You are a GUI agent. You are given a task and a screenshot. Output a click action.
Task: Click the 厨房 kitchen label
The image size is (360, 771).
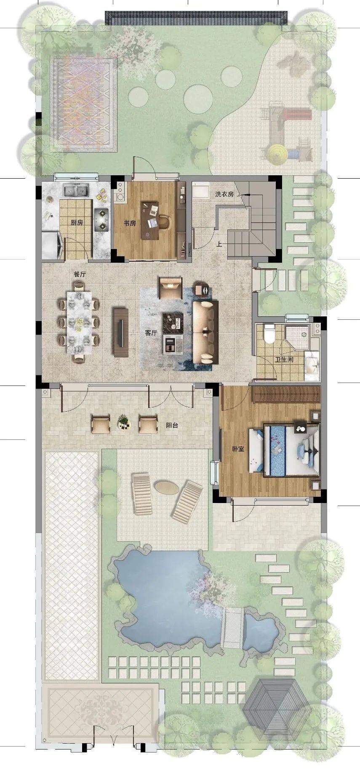77,223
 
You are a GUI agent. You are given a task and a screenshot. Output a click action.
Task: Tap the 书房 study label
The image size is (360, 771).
130,223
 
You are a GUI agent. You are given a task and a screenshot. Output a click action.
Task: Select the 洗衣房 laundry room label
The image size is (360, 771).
224,194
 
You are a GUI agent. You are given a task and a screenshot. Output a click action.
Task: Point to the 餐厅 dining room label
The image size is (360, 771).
80,274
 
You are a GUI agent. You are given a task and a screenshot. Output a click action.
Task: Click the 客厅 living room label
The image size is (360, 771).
151,333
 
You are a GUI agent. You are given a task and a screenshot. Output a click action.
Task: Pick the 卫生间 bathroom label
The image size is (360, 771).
284,360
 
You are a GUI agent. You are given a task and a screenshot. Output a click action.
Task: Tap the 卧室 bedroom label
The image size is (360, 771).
238,449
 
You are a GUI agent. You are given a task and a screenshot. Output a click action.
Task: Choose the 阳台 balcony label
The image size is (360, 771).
172,425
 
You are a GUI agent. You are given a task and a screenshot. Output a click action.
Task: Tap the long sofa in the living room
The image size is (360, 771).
205,332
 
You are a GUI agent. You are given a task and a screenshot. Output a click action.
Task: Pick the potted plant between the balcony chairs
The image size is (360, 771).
123,421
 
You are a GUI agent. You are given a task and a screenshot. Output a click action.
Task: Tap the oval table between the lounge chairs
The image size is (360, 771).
166,487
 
